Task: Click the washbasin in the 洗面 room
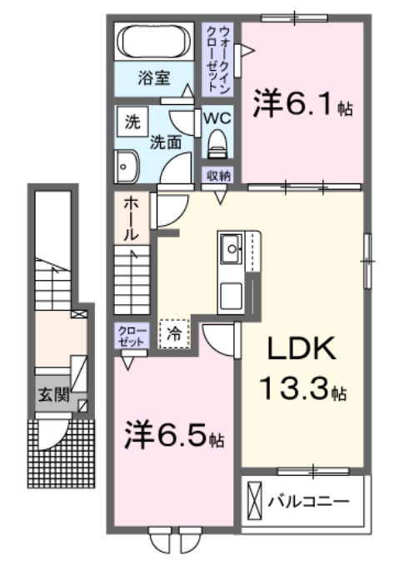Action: (x=126, y=167)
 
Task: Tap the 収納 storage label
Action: (x=219, y=176)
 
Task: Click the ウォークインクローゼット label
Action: (x=221, y=57)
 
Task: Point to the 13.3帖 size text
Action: (x=302, y=388)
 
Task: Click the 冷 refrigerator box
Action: (x=174, y=334)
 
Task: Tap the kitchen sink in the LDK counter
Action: (x=230, y=247)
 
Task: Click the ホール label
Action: (x=132, y=218)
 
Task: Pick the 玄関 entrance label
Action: (x=52, y=393)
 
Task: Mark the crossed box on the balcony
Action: (x=255, y=502)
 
